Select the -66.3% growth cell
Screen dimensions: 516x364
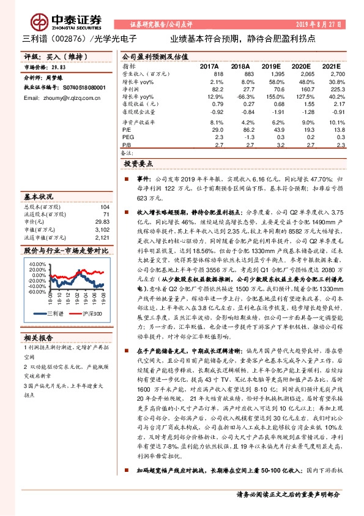tap(240, 97)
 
